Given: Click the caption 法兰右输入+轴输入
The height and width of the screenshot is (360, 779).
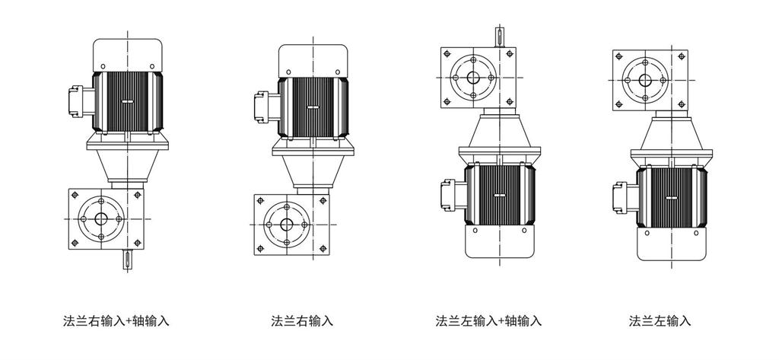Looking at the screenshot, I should click(x=116, y=320).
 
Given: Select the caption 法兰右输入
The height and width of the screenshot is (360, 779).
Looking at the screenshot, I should click(x=302, y=320).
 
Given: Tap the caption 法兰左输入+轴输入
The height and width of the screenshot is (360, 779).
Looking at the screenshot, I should click(x=488, y=320).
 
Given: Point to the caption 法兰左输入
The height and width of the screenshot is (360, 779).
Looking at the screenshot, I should click(x=660, y=320).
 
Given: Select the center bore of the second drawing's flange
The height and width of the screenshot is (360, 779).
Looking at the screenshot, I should click(x=287, y=225).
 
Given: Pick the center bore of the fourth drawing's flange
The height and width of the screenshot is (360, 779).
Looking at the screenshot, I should click(x=645, y=81).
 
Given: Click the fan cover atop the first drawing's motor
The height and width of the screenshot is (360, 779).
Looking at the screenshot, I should click(x=128, y=53).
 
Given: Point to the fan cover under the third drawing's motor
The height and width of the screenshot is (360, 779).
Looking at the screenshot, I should click(x=499, y=242).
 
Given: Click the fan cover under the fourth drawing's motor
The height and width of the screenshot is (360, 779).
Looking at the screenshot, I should click(x=670, y=245).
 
